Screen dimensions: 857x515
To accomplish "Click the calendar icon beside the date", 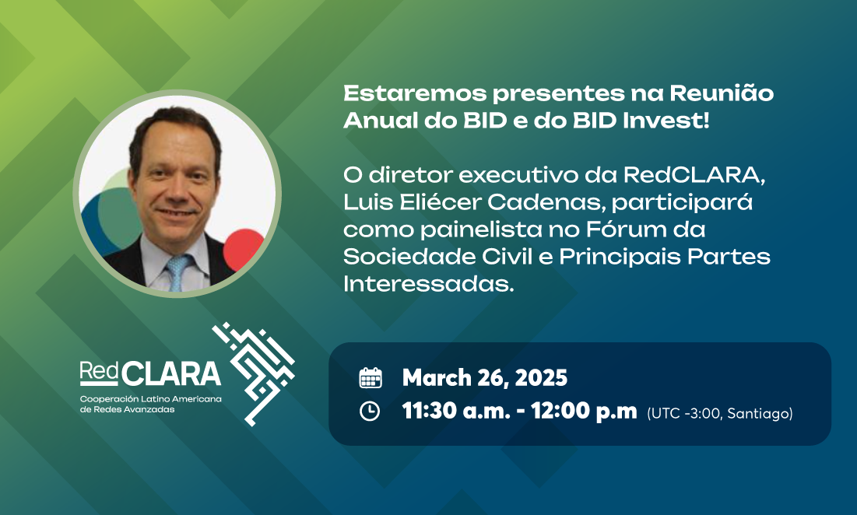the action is coord(370,378).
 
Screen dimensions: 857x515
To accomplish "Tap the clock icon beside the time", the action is coord(370,411).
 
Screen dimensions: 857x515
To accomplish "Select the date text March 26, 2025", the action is coord(485,378).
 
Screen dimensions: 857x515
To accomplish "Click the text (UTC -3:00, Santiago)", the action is coord(720,413).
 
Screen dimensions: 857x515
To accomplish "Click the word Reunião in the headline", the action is coord(722,93).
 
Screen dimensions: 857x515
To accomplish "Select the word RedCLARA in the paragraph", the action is coord(694,175).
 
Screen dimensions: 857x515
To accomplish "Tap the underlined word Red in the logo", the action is coord(99,371).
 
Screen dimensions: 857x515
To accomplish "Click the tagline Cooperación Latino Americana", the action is coord(151,399).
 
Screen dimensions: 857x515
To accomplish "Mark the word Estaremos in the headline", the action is coord(415,93).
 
